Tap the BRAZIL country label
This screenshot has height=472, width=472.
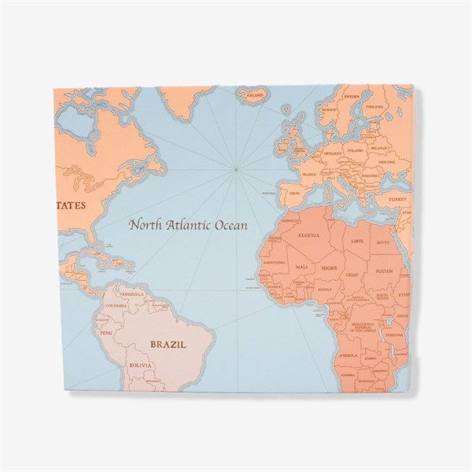click(x=169, y=344)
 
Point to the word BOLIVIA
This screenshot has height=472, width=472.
click(x=140, y=366)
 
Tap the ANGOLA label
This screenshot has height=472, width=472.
click(x=348, y=355)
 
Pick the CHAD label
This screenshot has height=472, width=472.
click(x=352, y=275)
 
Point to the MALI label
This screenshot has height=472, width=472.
click(x=301, y=268)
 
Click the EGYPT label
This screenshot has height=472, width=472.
click(x=383, y=243)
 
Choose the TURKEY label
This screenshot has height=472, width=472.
click(x=385, y=200)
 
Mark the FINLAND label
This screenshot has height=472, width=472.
click(x=374, y=106)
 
